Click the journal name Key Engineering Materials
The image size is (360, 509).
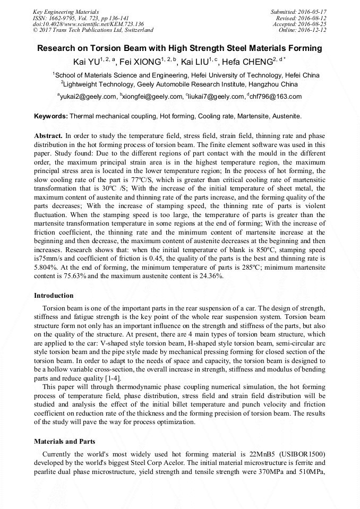[x=66, y=12]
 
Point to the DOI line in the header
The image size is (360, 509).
[x=89, y=24]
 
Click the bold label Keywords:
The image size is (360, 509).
[x=51, y=116]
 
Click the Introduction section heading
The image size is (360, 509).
[x=54, y=295]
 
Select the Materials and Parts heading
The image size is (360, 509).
[x=64, y=441]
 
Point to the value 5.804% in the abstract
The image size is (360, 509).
[x=47, y=268]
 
